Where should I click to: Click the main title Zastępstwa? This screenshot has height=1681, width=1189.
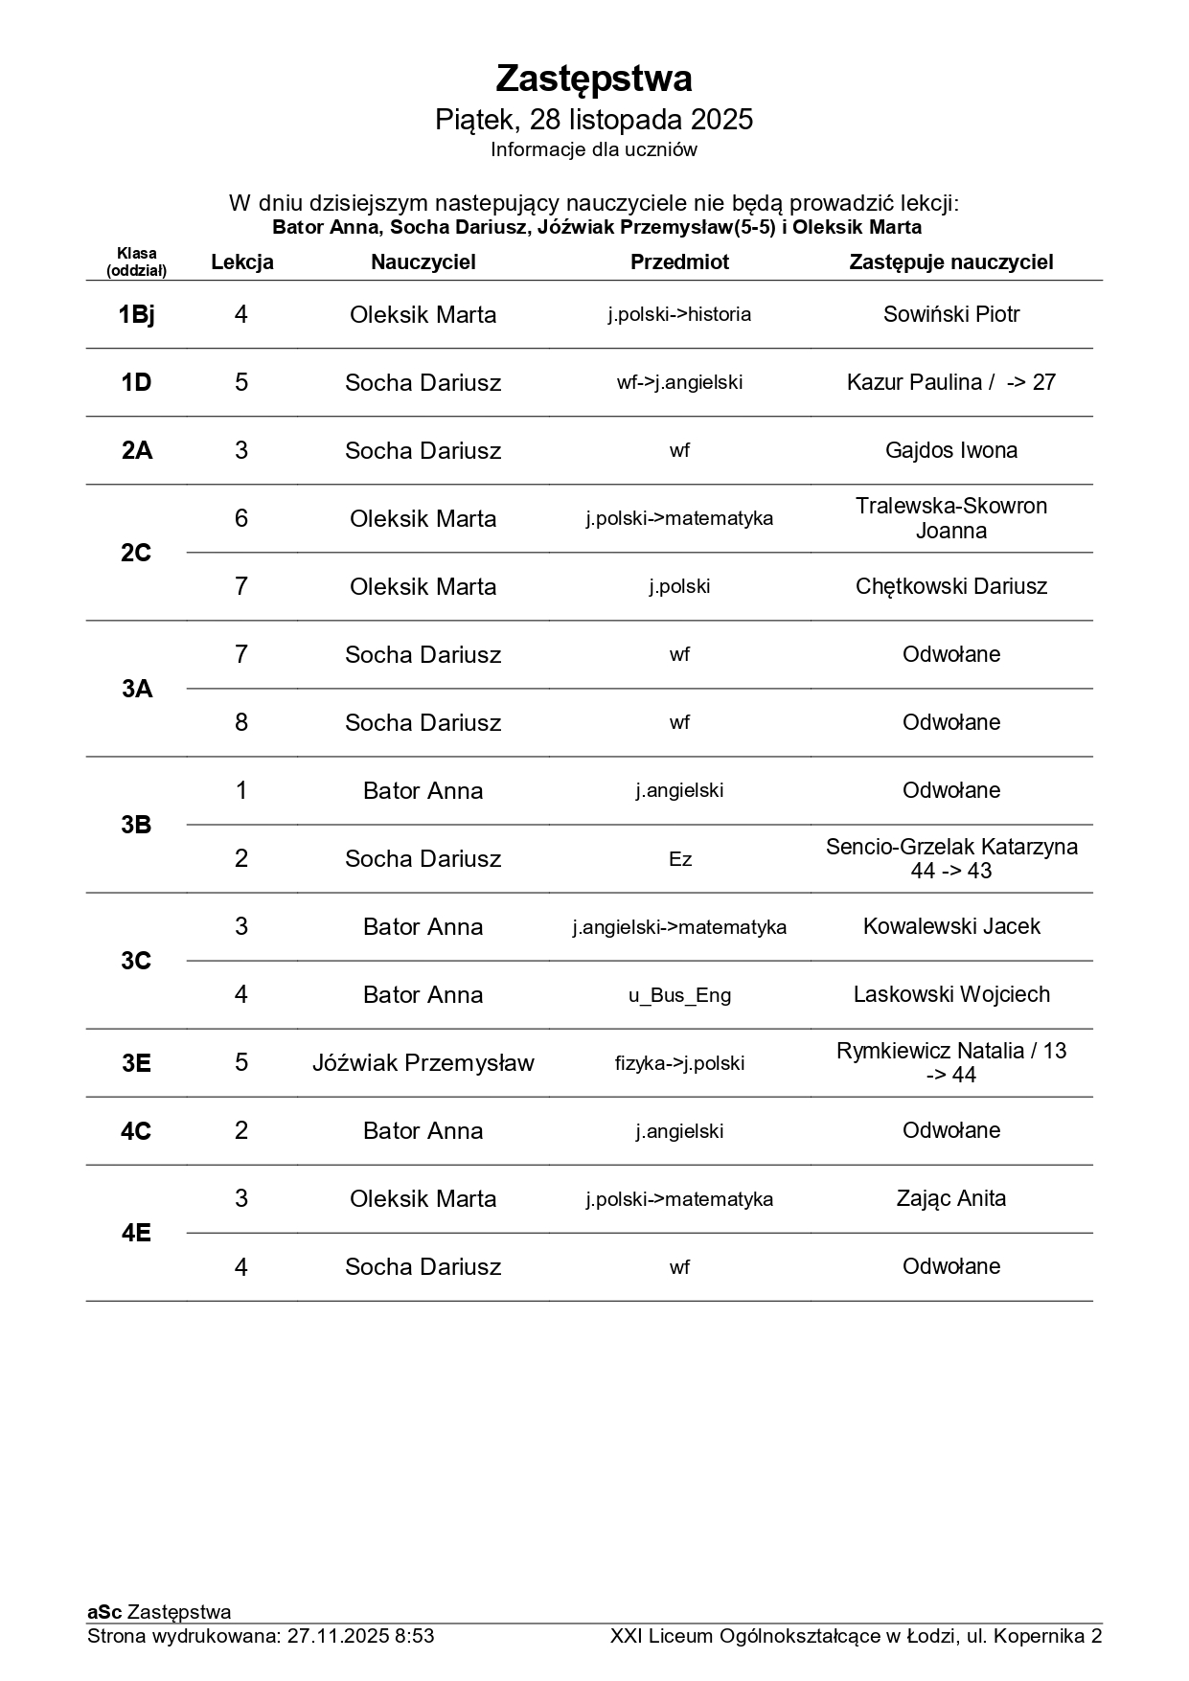[x=594, y=79]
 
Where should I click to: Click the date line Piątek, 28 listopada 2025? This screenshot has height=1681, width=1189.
[x=594, y=120]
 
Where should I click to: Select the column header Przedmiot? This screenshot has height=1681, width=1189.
[x=679, y=262]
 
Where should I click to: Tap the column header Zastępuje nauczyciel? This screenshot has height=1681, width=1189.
[x=950, y=262]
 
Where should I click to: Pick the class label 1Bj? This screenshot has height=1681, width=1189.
[x=136, y=315]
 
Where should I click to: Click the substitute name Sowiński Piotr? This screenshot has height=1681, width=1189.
[x=950, y=315]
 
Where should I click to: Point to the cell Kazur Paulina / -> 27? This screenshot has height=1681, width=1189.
[x=950, y=383]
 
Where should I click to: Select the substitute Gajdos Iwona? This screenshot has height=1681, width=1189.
[x=950, y=451]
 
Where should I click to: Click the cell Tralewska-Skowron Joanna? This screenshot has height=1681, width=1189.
[x=950, y=518]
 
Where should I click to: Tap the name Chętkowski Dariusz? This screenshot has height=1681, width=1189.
[x=950, y=586]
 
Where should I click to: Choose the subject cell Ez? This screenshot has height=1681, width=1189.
[x=679, y=859]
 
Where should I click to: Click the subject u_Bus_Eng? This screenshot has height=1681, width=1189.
[x=679, y=995]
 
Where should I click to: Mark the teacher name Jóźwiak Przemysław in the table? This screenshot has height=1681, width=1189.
[x=423, y=1063]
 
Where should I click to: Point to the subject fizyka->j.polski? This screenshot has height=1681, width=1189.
[x=679, y=1063]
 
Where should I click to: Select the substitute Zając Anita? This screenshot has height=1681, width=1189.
[x=950, y=1198]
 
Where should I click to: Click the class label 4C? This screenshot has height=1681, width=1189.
[x=136, y=1131]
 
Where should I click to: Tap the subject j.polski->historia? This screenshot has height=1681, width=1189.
[x=679, y=315]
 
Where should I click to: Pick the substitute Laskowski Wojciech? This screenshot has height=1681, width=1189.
[x=950, y=995]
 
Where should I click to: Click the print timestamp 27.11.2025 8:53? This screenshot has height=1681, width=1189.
[x=360, y=1636]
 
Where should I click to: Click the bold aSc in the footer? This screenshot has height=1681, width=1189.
[x=104, y=1612]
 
